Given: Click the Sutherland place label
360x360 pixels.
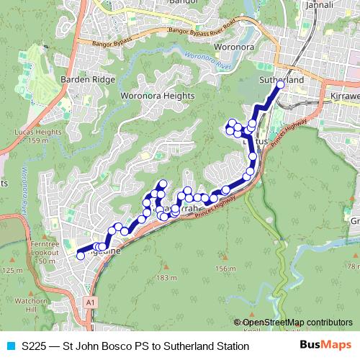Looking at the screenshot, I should [281, 81].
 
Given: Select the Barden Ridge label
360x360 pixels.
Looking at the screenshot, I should [88, 79].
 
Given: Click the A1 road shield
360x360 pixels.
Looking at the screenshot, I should [89, 301].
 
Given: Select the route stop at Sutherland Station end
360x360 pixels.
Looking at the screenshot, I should [280, 86].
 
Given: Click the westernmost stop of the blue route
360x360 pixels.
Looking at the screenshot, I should [80, 255].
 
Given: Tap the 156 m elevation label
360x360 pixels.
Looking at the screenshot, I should [225, 269].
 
